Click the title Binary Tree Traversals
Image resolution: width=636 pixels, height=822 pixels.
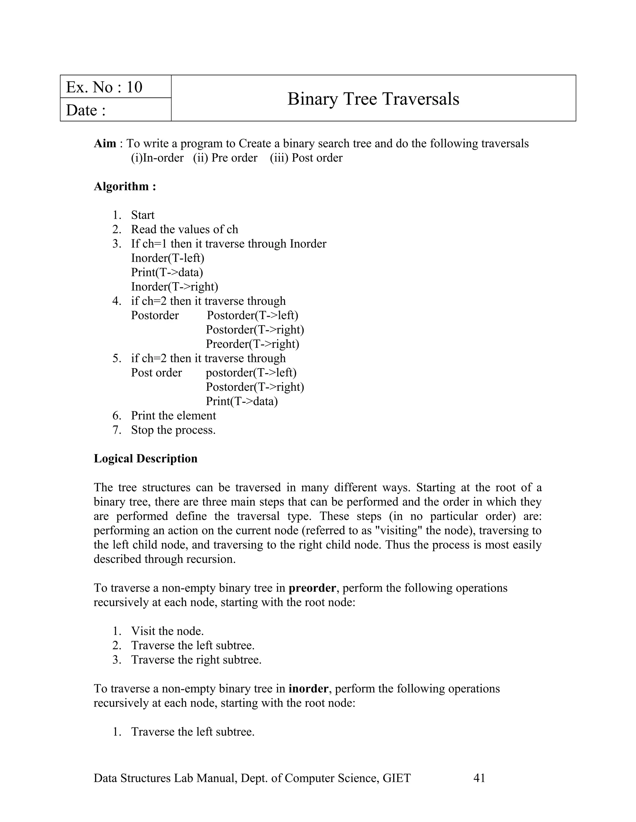coord(373,99)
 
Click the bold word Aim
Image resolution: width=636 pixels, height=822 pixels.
coord(105,143)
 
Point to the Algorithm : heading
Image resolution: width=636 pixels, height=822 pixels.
coord(125,186)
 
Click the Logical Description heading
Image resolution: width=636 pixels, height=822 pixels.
coord(145,458)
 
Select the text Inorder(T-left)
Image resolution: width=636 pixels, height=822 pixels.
coord(168,258)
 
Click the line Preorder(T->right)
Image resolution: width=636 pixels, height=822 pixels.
coord(252,344)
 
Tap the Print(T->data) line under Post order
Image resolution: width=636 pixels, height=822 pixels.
coord(242,401)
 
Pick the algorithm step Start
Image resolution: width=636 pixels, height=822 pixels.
coord(143,215)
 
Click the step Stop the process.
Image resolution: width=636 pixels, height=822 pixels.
coord(173,430)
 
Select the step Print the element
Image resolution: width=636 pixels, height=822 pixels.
coord(173,416)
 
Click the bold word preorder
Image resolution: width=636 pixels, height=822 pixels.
coord(312,588)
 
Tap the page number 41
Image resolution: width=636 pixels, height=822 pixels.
coord(479,778)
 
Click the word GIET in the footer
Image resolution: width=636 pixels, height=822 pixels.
coord(396,778)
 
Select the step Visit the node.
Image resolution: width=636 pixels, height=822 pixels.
coord(167,631)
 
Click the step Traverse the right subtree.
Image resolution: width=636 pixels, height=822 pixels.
coord(196,659)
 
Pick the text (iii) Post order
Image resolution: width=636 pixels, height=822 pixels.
coord(306,158)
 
